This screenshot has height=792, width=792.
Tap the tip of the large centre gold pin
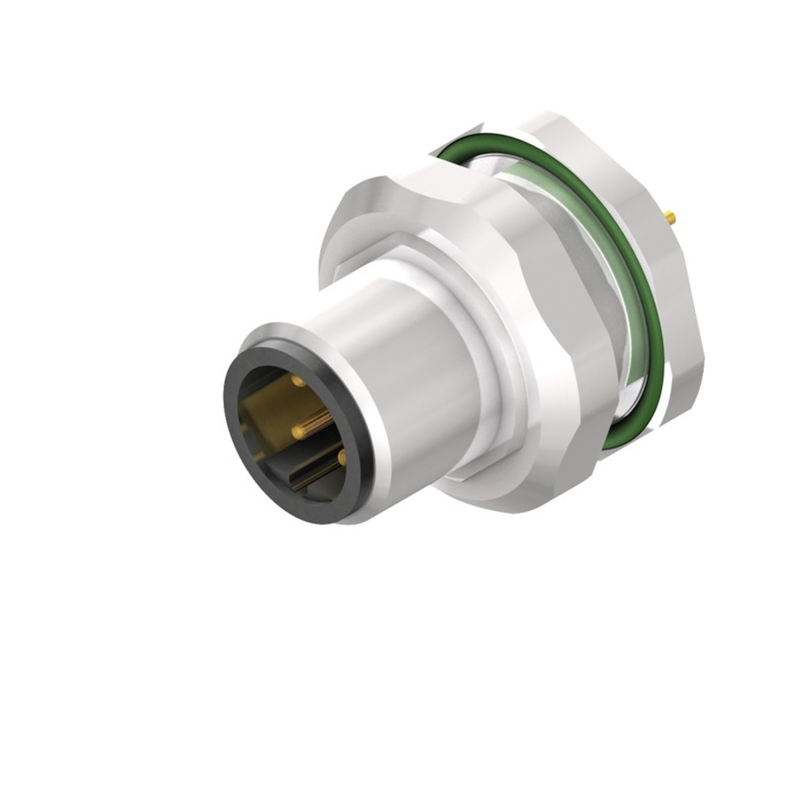[299, 431]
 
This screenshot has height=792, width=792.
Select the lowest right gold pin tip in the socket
[341, 458]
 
